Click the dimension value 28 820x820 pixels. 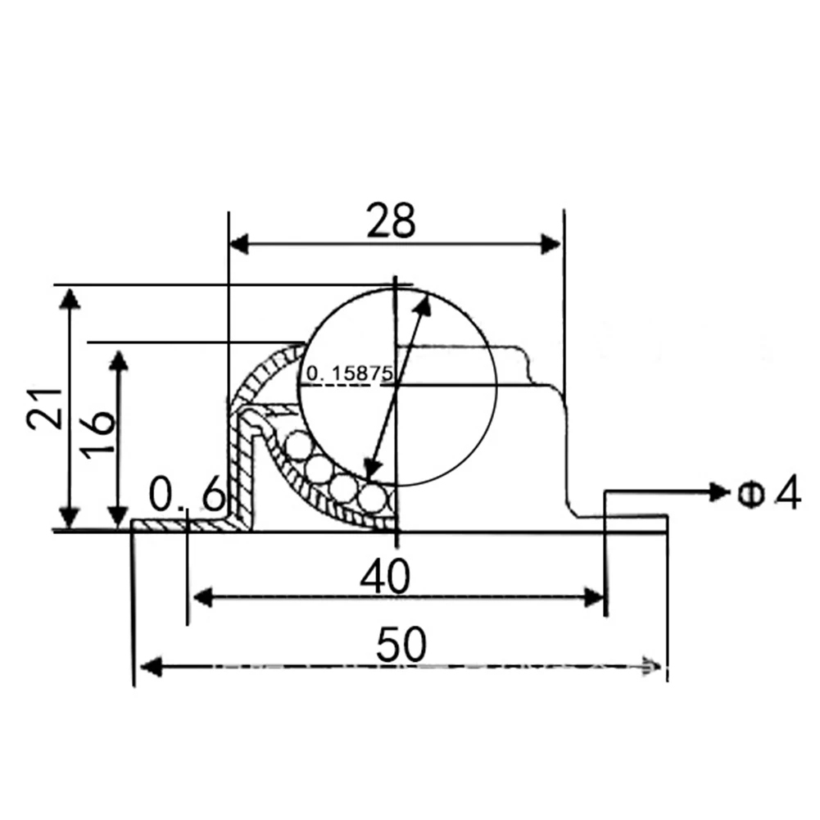tap(391, 220)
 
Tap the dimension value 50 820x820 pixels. tap(401, 644)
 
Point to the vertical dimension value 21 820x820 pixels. tap(45, 409)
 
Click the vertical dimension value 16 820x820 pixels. tap(99, 435)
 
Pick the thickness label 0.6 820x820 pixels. tap(188, 494)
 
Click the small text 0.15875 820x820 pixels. tap(349, 374)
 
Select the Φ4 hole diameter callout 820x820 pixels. tap(768, 492)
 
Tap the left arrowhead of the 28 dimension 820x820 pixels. tap(239, 243)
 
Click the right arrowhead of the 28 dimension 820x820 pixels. tap(550, 243)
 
